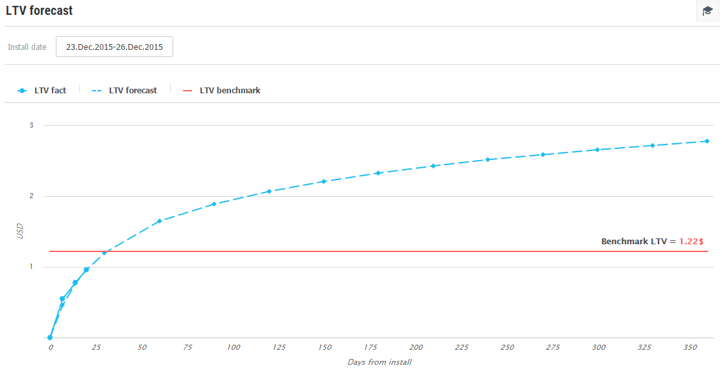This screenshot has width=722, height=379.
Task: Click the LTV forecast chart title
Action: point(40,11)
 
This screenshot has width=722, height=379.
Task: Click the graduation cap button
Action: point(707,11)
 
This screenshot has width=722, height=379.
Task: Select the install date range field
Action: point(114,47)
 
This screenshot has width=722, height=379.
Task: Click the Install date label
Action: point(27,47)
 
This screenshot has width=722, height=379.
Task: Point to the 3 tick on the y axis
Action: point(31,125)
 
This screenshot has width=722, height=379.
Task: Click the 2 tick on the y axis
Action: point(31,196)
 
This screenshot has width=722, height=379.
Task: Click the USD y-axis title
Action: point(19,231)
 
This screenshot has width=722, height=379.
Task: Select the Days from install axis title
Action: point(379,362)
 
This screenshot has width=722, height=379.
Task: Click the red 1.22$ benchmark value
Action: point(692,241)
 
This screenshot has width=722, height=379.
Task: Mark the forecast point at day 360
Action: point(707,141)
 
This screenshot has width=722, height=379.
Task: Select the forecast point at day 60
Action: point(160,221)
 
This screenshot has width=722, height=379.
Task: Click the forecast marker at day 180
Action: point(378,173)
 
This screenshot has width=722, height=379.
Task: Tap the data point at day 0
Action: point(50,338)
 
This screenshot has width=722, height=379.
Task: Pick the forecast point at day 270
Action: point(542,154)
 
